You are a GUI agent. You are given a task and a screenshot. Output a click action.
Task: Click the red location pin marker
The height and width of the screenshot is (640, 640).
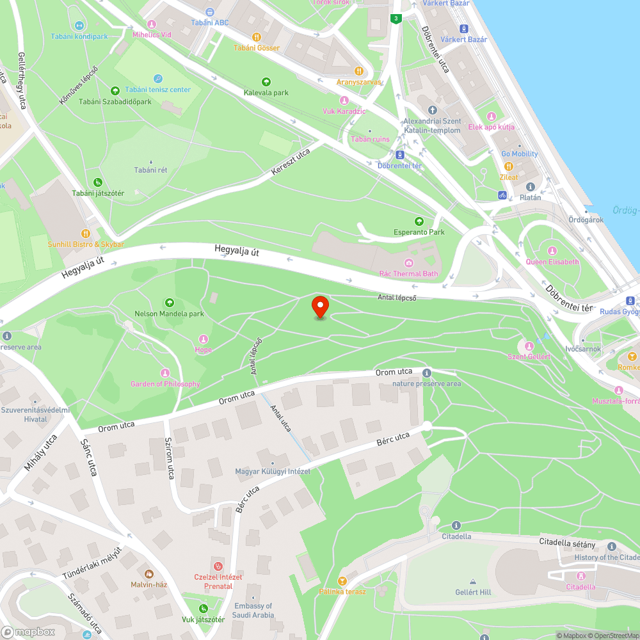pos(319,307)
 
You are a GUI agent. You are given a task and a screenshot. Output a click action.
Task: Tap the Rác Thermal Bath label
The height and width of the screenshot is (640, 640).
pos(409,273)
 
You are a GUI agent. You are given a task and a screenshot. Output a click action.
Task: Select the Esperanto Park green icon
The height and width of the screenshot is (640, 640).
pos(419,221)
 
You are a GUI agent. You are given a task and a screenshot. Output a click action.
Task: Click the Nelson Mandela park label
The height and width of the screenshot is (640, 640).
pos(169,314)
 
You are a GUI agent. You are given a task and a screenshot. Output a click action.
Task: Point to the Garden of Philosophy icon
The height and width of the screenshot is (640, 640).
pos(165,373)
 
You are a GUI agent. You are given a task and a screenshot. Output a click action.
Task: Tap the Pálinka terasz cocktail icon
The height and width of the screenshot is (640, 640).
pos(342,580)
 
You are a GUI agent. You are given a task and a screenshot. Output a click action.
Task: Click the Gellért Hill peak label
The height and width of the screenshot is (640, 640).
pos(473,592)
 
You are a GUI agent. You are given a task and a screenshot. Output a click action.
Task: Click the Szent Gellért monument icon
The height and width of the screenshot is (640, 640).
pos(529,346)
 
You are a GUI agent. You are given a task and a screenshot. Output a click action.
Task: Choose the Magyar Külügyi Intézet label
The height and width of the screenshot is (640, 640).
pos(273,471)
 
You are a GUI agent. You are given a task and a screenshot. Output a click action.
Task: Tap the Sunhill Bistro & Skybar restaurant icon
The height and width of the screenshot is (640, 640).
pos(85,234)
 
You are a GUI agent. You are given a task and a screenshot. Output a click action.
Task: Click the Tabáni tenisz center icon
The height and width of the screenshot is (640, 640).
pos(157,78)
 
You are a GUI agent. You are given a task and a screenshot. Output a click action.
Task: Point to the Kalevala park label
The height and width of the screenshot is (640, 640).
pos(266,93)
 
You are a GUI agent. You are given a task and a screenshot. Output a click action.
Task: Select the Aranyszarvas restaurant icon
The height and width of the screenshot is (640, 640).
pos(359,71)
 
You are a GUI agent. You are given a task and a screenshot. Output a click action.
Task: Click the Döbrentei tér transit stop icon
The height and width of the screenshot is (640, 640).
pos(400,155)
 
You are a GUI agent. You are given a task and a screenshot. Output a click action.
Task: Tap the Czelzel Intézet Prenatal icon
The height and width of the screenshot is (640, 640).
pos(218,566)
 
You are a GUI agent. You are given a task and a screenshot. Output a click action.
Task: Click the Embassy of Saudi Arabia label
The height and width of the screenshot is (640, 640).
pos(253,611)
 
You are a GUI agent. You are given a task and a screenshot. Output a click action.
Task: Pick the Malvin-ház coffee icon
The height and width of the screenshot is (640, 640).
pos(149,574)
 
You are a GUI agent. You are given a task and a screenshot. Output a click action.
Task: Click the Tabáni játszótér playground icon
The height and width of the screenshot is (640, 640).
pos(97,182)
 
